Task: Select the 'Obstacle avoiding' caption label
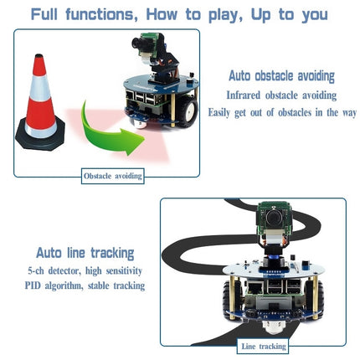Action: click(112, 176)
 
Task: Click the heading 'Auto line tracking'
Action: click(85, 252)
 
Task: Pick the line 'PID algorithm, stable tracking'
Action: click(85, 285)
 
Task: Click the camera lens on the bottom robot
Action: click(272, 220)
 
